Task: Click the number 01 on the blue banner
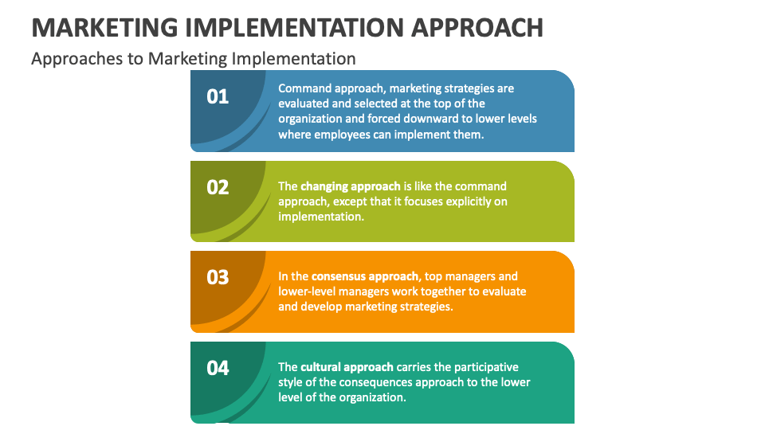coord(218,96)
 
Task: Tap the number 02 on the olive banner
coord(218,187)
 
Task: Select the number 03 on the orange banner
coord(218,277)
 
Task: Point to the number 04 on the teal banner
coord(218,368)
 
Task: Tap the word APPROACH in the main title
coord(477,27)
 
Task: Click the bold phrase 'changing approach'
coord(351,186)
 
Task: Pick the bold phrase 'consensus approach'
coord(365,276)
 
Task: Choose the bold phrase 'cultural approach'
coord(347,367)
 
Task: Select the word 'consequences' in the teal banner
coord(388,382)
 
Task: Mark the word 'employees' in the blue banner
coord(340,135)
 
